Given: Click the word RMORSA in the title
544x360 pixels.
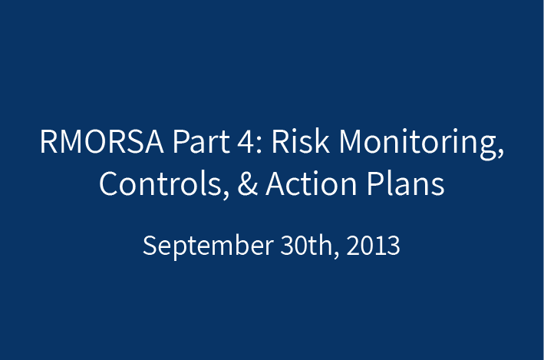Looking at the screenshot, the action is point(101,141).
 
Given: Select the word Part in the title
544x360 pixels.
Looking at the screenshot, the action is point(201,141).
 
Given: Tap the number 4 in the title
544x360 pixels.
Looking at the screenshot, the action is point(246,141).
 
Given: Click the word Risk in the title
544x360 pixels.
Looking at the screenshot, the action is point(301,140).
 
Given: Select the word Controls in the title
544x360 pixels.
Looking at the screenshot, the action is point(160,183).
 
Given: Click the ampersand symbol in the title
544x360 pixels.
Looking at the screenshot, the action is point(248,183).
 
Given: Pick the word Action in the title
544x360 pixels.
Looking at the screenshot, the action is point(312,183).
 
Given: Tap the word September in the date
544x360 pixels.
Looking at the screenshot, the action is point(208,246).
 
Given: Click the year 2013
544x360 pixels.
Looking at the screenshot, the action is point(373,246).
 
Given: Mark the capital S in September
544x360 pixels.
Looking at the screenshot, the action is point(150,246).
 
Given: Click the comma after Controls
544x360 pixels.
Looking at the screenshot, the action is point(226,194).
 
